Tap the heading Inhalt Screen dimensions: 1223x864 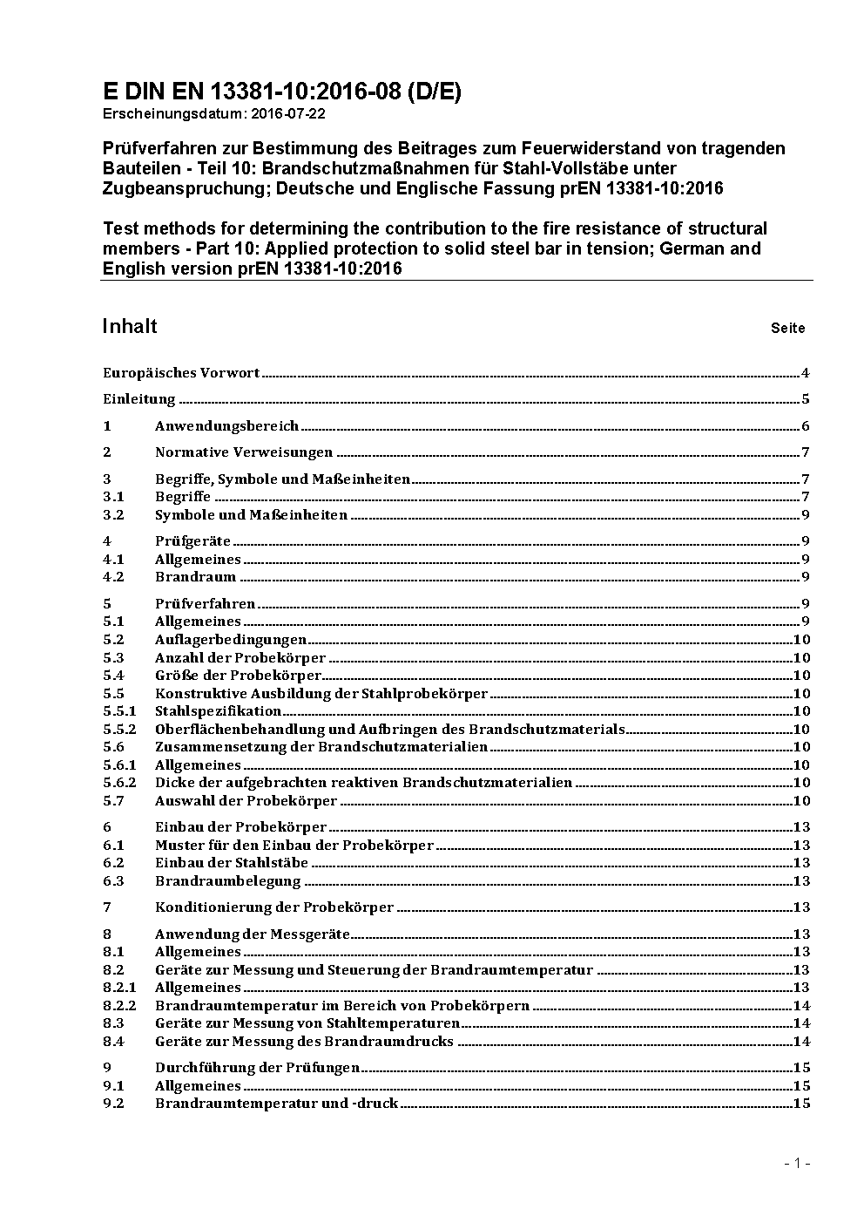tap(130, 326)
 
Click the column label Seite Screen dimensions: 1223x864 tap(787, 329)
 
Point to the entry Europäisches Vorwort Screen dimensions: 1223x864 tap(181, 373)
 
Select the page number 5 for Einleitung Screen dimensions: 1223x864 tap(806, 400)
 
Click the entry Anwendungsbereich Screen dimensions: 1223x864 tap(226, 426)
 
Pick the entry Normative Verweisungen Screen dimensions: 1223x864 tap(244, 452)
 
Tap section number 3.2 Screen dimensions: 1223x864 tap(113, 515)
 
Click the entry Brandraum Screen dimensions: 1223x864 tap(195, 577)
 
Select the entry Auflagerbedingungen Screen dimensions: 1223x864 tap(230, 640)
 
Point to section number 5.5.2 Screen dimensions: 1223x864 tap(119, 729)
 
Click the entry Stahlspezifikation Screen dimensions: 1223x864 tap(218, 711)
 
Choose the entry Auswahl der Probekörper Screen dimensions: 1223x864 tap(246, 800)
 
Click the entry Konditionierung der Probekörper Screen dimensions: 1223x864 tap(274, 907)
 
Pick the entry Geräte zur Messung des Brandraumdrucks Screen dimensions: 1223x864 tap(304, 1041)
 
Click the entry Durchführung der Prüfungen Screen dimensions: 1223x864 tap(257, 1068)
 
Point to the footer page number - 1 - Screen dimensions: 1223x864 tap(798, 1164)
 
